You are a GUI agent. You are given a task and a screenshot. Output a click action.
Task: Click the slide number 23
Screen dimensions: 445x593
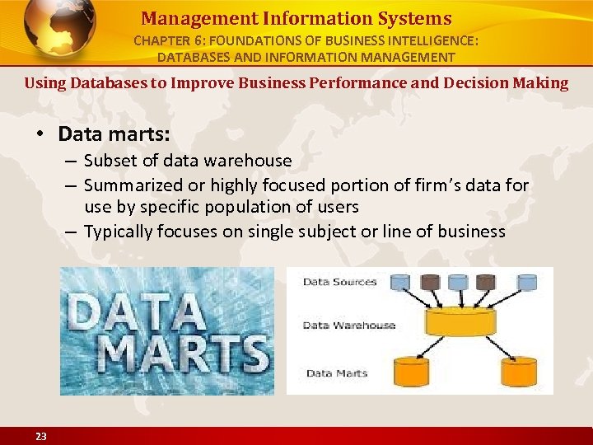[x=40, y=437]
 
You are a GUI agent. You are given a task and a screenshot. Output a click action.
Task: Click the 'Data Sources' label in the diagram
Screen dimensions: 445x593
[x=339, y=282]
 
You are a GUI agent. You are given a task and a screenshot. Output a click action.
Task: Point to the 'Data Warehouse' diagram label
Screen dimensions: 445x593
[x=348, y=326]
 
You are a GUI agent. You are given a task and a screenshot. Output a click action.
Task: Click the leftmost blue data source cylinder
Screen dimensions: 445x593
[x=401, y=282]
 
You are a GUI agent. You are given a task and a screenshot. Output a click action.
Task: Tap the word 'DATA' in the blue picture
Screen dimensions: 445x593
[x=137, y=311]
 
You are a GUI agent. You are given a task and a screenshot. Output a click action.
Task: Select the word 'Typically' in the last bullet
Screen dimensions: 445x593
[x=120, y=232]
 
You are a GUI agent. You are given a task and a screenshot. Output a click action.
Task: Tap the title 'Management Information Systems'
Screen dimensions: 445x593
[x=296, y=18]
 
